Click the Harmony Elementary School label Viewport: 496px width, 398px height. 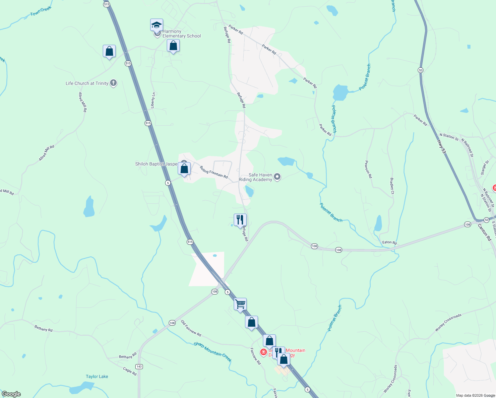[181, 34]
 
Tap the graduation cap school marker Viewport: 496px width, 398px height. [156, 25]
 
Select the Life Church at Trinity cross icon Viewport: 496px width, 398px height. [113, 83]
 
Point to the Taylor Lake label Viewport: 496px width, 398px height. [97, 376]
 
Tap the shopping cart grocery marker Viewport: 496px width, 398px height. [240, 304]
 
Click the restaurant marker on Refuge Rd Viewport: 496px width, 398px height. [240, 220]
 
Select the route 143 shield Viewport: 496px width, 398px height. [139, 366]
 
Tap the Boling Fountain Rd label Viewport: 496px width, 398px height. [214, 172]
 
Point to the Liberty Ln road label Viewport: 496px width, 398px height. [153, 100]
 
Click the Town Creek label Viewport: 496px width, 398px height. [41, 11]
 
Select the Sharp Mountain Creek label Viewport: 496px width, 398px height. [213, 352]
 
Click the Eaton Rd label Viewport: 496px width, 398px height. [389, 242]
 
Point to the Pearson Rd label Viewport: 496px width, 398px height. [368, 169]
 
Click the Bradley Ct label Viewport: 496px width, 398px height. [392, 186]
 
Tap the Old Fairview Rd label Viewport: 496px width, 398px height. [191, 328]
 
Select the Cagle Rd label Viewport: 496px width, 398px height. [130, 371]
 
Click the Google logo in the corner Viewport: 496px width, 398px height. [11, 394]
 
